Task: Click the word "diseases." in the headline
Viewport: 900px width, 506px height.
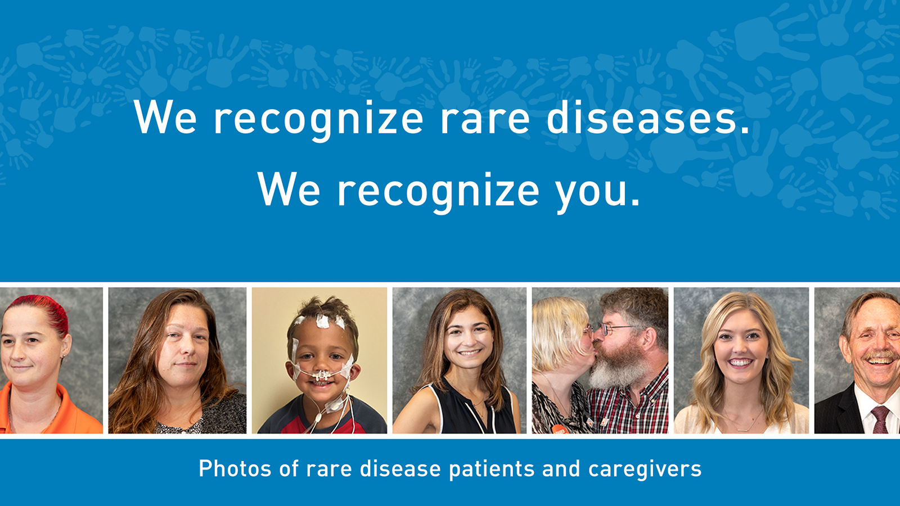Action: tap(647, 118)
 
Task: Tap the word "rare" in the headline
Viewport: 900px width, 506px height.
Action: tap(485, 120)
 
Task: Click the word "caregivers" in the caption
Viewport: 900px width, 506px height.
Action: tap(645, 469)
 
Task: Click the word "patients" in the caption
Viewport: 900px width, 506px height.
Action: tap(492, 469)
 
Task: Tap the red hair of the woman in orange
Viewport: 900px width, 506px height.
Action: tap(44, 312)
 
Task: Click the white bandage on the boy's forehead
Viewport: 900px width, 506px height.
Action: tap(322, 320)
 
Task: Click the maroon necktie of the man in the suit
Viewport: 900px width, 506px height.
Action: tap(879, 419)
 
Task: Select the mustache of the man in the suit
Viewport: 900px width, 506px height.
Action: tap(880, 355)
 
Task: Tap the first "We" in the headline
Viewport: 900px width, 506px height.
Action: tap(165, 117)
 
